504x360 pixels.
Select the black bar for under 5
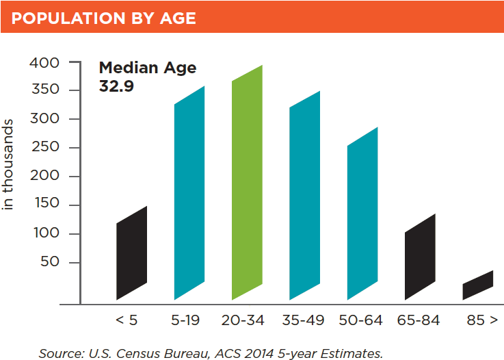point(131,253)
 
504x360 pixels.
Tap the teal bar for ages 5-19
point(189,193)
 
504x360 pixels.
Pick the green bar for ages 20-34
point(248,183)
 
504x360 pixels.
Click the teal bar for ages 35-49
point(305,195)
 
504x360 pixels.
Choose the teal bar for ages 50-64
point(362,214)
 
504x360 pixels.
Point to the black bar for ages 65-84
point(420,257)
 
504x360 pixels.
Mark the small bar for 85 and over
point(477,285)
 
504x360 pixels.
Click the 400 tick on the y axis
point(46,63)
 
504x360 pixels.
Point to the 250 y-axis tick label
point(46,148)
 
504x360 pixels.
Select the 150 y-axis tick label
point(46,205)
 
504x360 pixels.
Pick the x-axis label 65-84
point(419,320)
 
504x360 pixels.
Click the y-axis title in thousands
point(9,164)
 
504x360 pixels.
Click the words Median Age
point(148,68)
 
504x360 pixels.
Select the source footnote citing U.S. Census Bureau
point(211,353)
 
